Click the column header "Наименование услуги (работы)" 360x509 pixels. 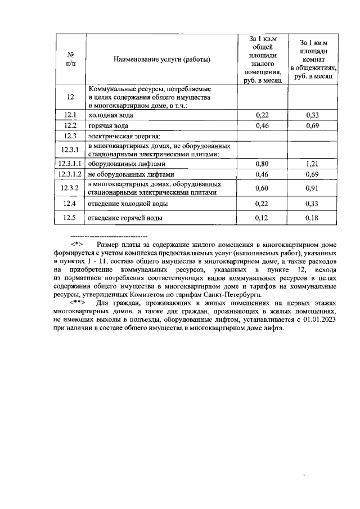click(161, 60)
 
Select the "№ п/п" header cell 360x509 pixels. click(70, 60)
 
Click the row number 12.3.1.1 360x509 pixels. click(70, 164)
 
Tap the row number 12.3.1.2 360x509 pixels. click(70, 174)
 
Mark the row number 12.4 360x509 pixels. click(70, 203)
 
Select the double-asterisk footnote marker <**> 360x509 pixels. click(77, 303)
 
